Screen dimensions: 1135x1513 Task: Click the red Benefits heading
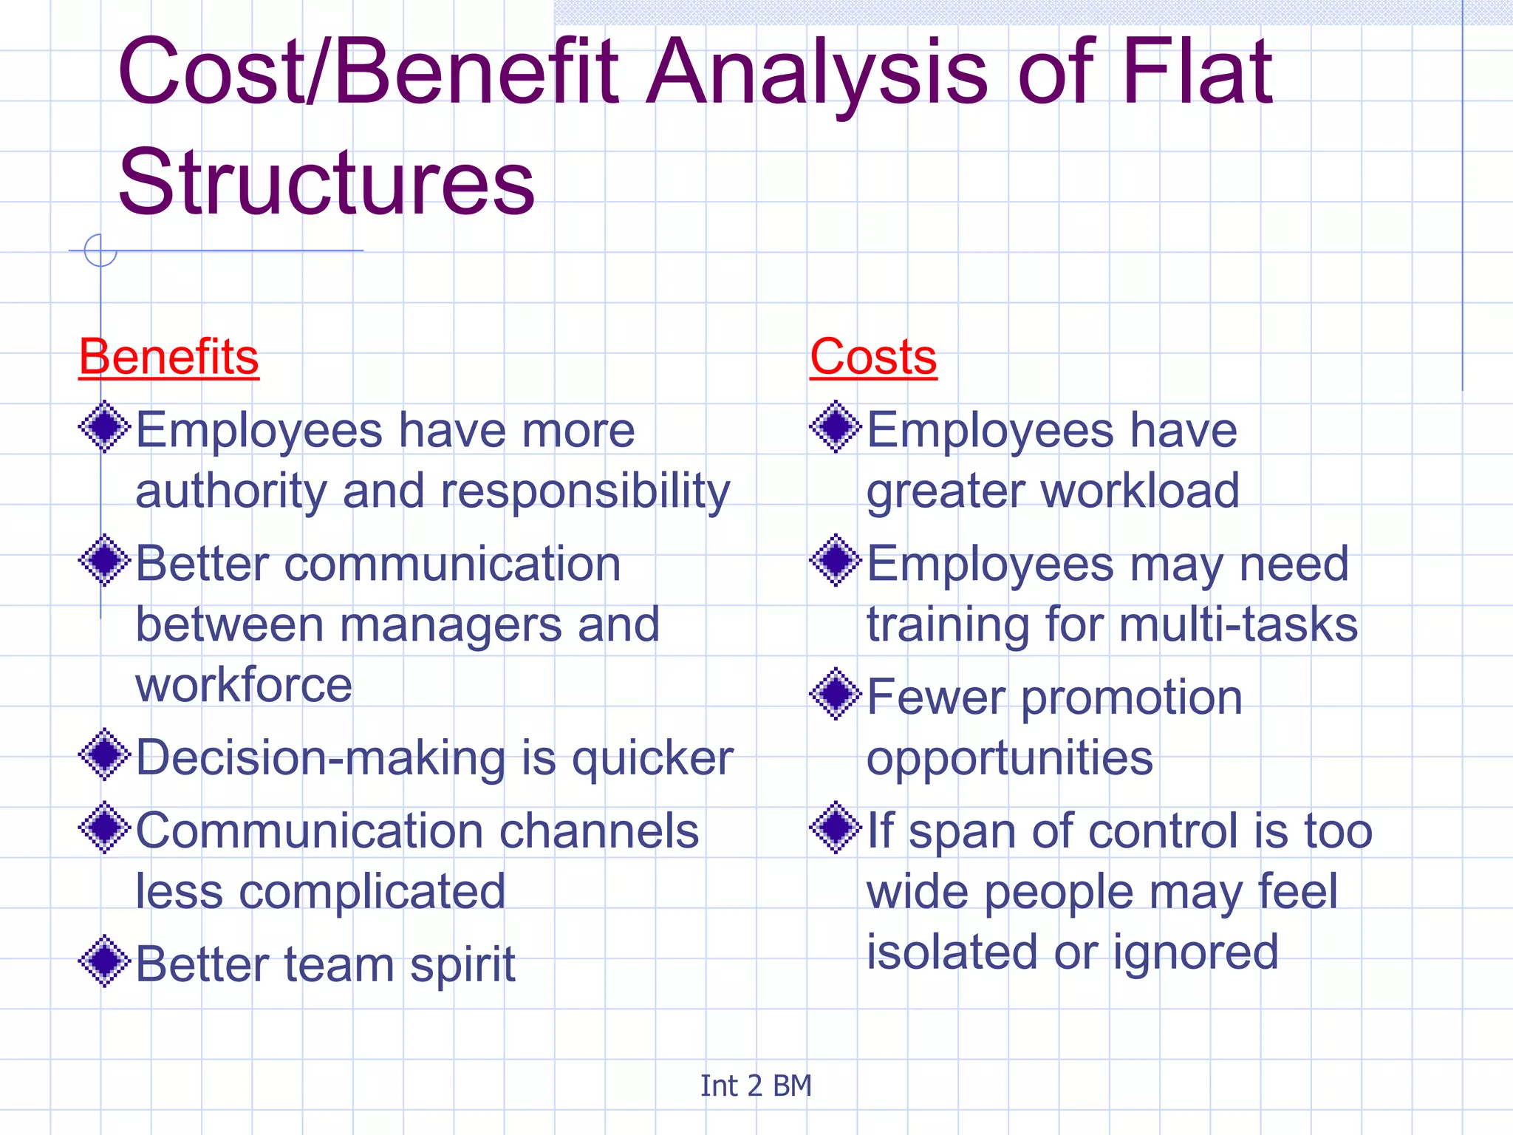pyautogui.click(x=168, y=358)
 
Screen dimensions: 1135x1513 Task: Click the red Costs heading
pyautogui.click(x=873, y=358)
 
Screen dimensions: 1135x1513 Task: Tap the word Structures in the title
pyautogui.click(x=326, y=183)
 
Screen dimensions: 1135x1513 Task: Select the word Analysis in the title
pyautogui.click(x=816, y=72)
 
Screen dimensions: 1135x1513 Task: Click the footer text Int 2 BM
pyautogui.click(x=756, y=1086)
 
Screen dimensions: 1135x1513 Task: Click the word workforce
pyautogui.click(x=244, y=685)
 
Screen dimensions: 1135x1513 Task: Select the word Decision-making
pyautogui.click(x=320, y=759)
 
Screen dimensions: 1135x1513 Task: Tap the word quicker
pyautogui.click(x=652, y=759)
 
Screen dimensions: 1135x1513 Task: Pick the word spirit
pyautogui.click(x=462, y=966)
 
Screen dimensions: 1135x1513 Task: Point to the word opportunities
pyautogui.click(x=1009, y=759)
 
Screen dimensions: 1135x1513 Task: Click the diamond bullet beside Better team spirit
pyautogui.click(x=105, y=961)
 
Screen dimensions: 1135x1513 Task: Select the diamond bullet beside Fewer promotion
pyautogui.click(x=836, y=694)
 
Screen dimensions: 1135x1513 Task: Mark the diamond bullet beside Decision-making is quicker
pyautogui.click(x=105, y=754)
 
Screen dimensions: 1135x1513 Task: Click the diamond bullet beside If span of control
pyautogui.click(x=836, y=828)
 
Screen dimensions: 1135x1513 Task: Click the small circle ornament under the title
pyautogui.click(x=100, y=250)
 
